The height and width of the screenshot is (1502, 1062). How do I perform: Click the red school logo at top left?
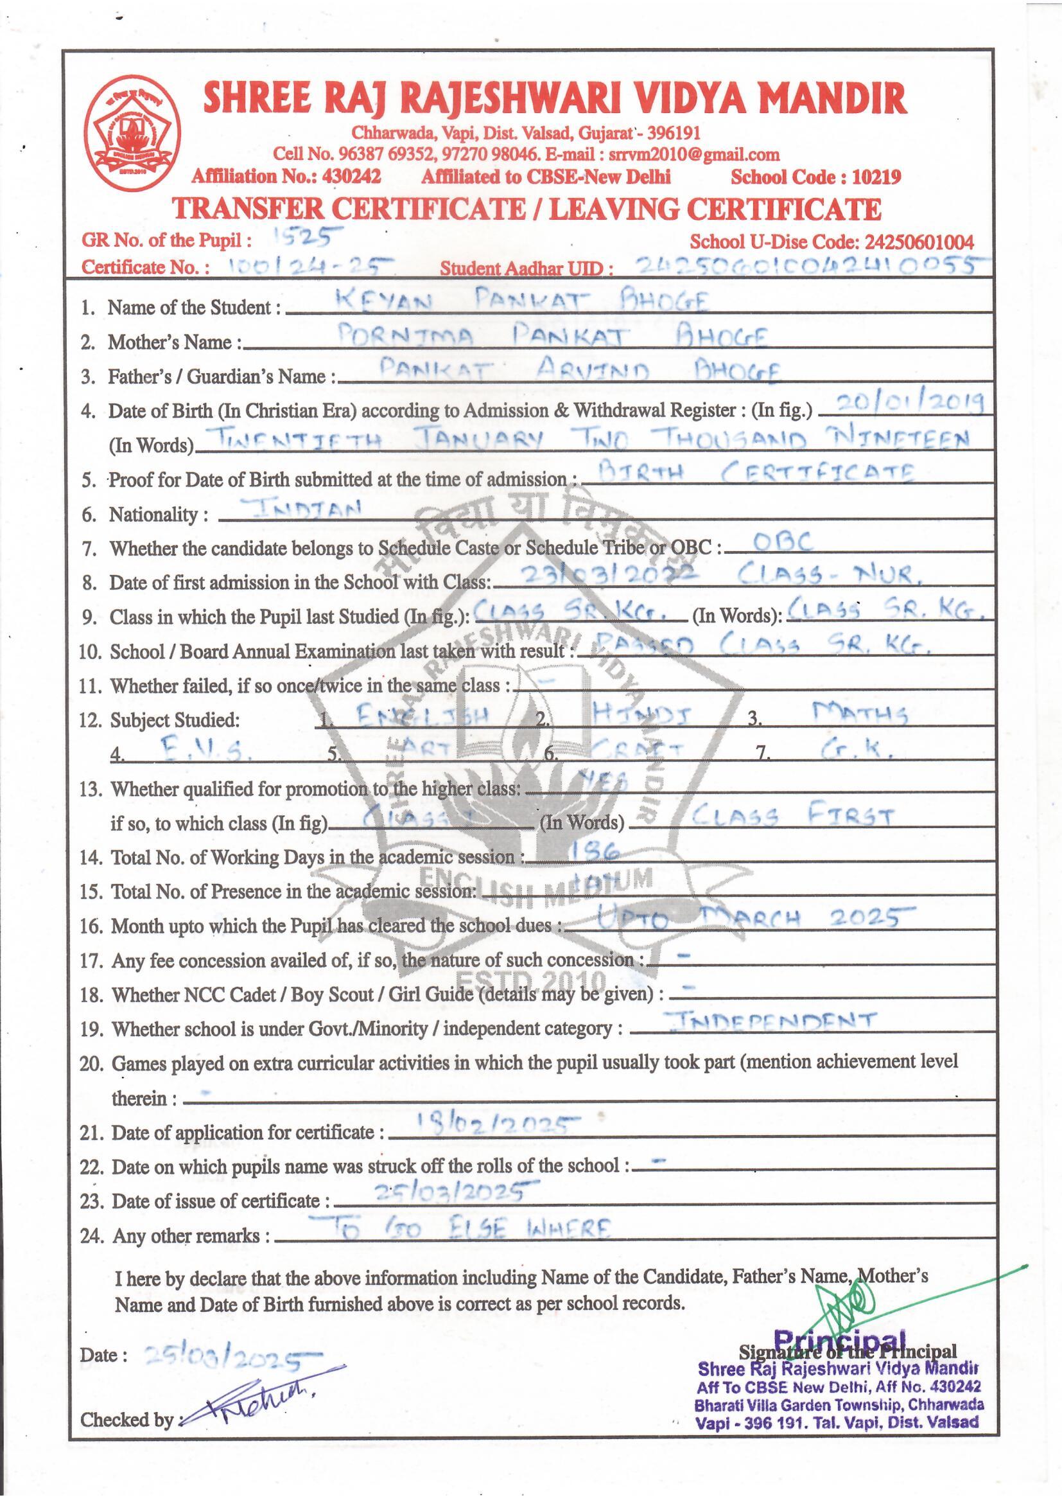[x=132, y=134]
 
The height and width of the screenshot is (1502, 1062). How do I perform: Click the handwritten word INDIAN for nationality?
[x=304, y=508]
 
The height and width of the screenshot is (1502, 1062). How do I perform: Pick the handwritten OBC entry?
[x=783, y=542]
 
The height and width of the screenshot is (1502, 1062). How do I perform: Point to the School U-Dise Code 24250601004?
[x=919, y=242]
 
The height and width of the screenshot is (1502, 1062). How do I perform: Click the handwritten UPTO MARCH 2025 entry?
[x=751, y=919]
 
